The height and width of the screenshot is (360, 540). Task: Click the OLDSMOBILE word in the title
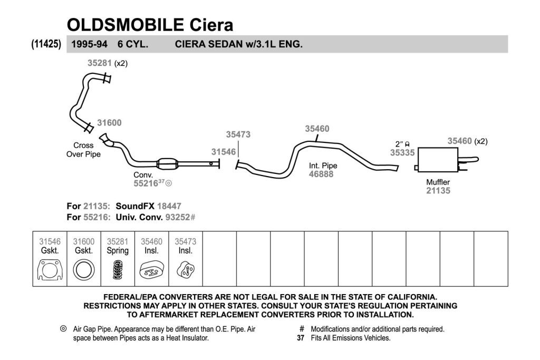(126, 25)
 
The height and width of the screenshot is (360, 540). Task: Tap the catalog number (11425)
(46, 44)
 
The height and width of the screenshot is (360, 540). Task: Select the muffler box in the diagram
(438, 160)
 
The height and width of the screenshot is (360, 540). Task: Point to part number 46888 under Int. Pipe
(321, 174)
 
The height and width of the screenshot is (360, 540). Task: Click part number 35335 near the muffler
(402, 152)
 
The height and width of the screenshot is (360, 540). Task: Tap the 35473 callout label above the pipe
(238, 134)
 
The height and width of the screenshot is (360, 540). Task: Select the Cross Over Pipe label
(83, 150)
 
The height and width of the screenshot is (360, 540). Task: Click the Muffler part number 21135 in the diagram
(438, 191)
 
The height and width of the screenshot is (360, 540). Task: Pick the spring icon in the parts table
(118, 269)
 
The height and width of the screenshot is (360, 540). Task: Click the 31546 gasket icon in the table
(50, 270)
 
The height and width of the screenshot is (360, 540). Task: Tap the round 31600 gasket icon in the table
(84, 270)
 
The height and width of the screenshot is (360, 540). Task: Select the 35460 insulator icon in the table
(151, 270)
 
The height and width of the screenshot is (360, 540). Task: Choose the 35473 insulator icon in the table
(186, 269)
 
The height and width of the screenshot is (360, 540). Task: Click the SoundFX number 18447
(169, 206)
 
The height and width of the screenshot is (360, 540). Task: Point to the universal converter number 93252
(178, 217)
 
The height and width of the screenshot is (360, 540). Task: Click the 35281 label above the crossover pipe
(100, 63)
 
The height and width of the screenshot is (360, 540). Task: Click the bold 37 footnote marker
(301, 338)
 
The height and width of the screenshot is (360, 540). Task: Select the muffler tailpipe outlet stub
(468, 160)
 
